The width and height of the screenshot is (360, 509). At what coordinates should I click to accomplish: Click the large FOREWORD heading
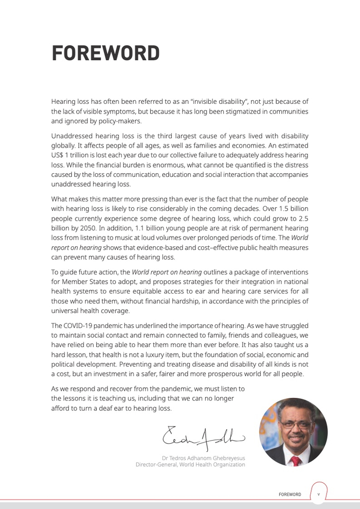pyautogui.click(x=105, y=53)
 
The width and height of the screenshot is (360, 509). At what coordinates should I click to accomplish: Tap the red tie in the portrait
pyautogui.click(x=296, y=460)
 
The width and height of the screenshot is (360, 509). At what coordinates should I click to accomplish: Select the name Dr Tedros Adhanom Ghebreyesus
pyautogui.click(x=203, y=458)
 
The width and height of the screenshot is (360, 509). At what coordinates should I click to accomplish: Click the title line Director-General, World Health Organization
pyautogui.click(x=190, y=465)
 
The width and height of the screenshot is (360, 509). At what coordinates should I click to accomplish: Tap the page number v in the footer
pyautogui.click(x=318, y=494)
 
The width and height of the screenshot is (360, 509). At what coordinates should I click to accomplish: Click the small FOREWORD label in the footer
pyautogui.click(x=290, y=495)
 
